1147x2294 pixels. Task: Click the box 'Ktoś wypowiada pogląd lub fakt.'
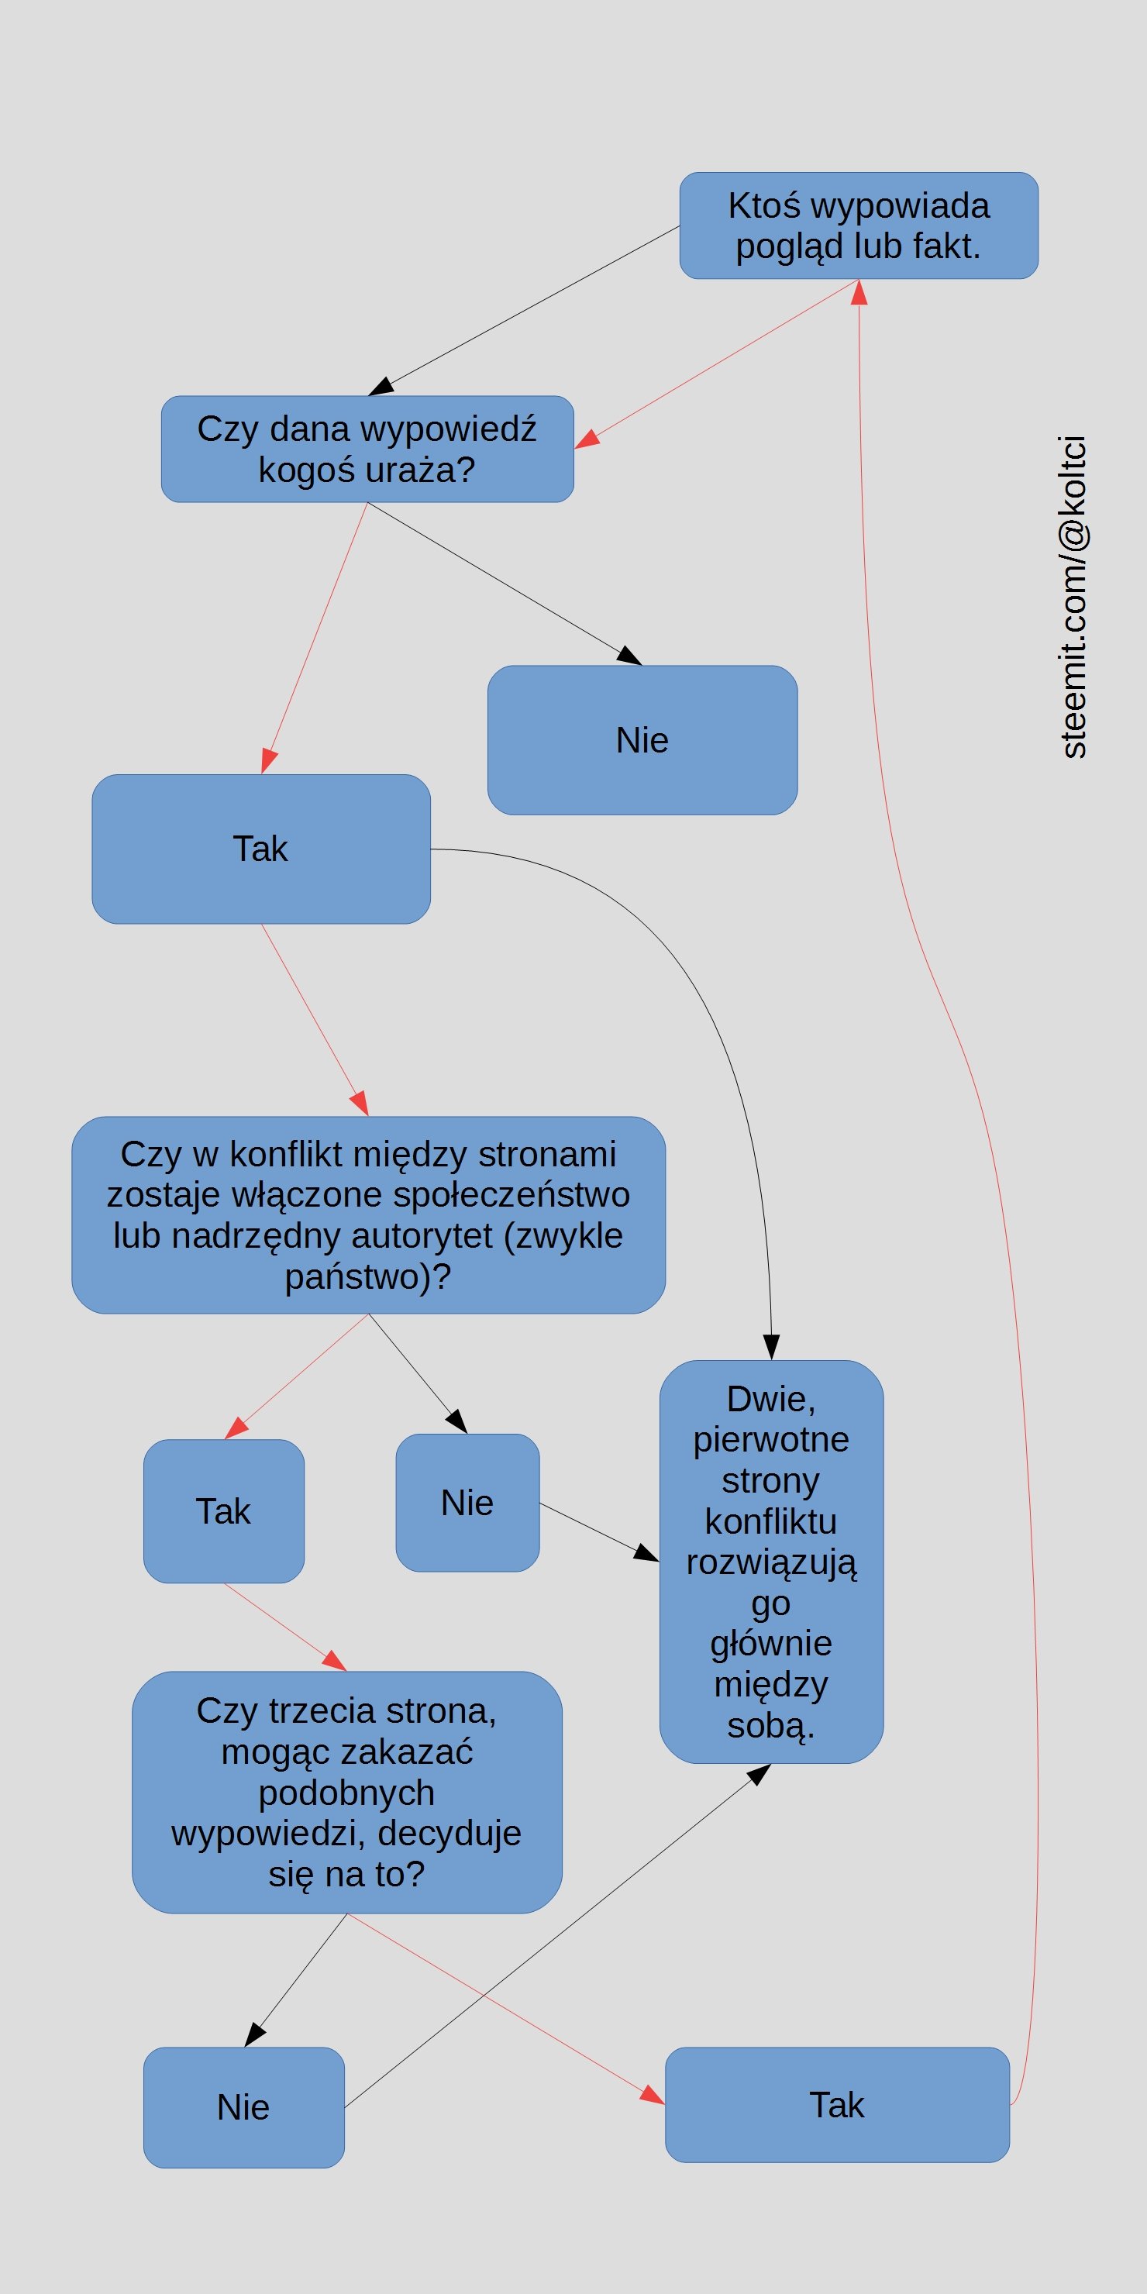859,226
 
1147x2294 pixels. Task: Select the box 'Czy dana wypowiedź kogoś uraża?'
367,449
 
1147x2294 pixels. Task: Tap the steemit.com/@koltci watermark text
1073,597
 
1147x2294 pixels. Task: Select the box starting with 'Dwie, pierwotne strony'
771,1561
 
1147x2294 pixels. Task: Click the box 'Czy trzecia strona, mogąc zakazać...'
346,1792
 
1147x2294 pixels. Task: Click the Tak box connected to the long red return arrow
837,2104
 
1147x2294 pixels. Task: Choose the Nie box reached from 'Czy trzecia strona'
244,2107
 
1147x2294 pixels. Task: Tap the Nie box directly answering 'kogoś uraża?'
642,740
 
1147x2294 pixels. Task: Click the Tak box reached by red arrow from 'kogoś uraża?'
261,849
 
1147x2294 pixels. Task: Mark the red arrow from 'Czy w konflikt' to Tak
297,1376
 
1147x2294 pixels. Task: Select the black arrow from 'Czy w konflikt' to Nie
418,1373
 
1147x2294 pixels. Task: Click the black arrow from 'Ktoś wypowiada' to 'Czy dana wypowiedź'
524,311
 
